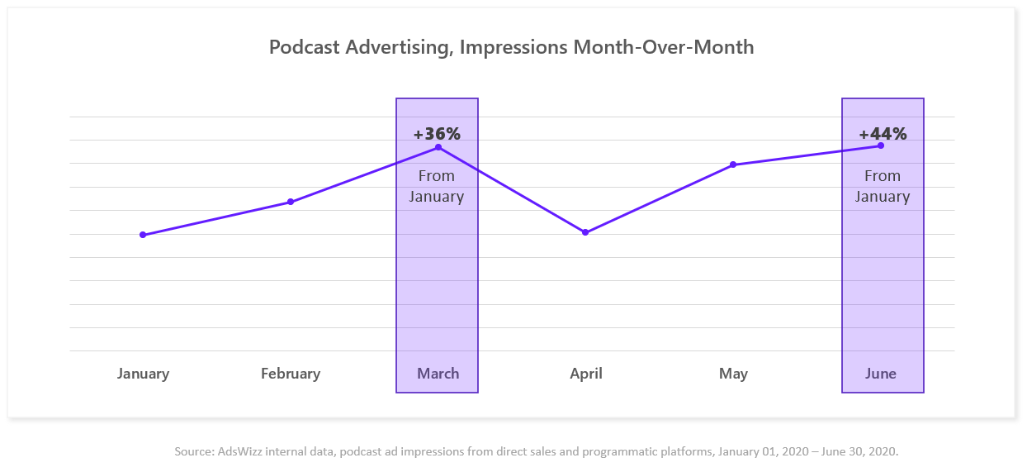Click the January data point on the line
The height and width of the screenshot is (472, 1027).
pyautogui.click(x=143, y=235)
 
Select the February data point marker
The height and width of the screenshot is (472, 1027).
pyautogui.click(x=291, y=202)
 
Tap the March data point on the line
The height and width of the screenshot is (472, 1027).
pyautogui.click(x=438, y=147)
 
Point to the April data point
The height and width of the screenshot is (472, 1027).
pyautogui.click(x=585, y=232)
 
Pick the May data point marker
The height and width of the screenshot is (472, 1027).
pyautogui.click(x=733, y=164)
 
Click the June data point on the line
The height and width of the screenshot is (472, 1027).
pyautogui.click(x=881, y=145)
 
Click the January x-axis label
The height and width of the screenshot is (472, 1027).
pyautogui.click(x=143, y=374)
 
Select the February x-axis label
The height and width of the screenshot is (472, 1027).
pyautogui.click(x=291, y=374)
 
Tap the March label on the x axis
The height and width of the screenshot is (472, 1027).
pyautogui.click(x=438, y=374)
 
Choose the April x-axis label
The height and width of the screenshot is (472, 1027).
pyautogui.click(x=586, y=374)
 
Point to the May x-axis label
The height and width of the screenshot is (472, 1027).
pyautogui.click(x=733, y=374)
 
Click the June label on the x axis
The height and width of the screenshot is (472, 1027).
pyautogui.click(x=881, y=374)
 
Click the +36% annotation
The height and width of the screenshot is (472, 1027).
pyautogui.click(x=437, y=133)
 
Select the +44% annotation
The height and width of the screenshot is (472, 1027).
pyautogui.click(x=883, y=133)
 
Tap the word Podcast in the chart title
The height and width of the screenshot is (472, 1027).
pyautogui.click(x=305, y=47)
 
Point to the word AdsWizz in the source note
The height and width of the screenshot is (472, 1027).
pyautogui.click(x=239, y=451)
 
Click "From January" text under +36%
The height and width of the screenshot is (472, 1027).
pyautogui.click(x=437, y=186)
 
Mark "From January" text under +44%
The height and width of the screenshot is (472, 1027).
pyautogui.click(x=883, y=186)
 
